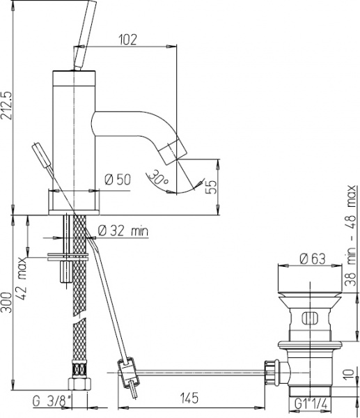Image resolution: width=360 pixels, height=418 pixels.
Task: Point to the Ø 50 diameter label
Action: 118,180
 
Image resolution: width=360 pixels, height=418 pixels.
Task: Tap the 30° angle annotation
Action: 159,178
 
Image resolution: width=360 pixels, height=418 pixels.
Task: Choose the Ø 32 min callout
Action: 122,231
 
